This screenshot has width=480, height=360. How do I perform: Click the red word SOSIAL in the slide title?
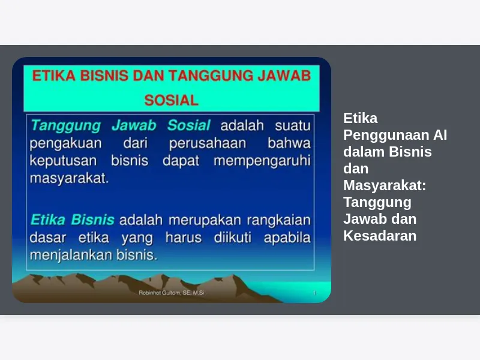(x=172, y=100)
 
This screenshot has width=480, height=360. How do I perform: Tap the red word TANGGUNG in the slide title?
(x=211, y=76)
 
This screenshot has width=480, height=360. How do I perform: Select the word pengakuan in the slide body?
(x=65, y=144)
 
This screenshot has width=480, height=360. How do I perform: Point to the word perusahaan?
(x=208, y=144)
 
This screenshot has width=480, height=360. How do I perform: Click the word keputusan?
(x=63, y=161)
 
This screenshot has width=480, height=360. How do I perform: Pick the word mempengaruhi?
(x=262, y=161)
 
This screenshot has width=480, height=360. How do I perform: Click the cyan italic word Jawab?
(x=134, y=125)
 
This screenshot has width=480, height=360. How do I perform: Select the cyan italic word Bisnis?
(x=93, y=220)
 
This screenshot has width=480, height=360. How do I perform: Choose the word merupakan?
(x=205, y=220)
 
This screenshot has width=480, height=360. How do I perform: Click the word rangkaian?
(x=278, y=220)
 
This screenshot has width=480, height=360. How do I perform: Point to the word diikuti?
(x=233, y=238)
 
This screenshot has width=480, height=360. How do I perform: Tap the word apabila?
(x=287, y=238)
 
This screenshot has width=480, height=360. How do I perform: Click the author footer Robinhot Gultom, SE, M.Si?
(x=172, y=293)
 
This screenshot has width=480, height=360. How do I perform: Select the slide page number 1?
(x=314, y=293)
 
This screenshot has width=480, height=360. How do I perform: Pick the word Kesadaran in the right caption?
(x=380, y=236)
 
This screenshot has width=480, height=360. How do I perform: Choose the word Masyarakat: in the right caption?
(x=385, y=185)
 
